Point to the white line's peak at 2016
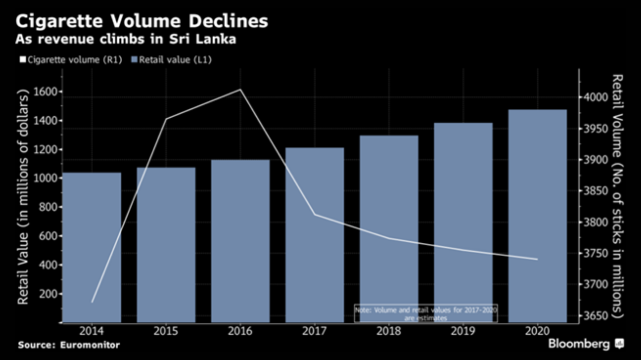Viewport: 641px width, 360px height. pos(240,90)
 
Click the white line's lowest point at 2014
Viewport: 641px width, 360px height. pos(92,301)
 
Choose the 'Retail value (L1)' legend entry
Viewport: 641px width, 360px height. pos(171,60)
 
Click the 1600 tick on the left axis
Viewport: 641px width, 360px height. pos(46,92)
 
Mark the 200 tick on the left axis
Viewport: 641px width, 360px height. pos(48,293)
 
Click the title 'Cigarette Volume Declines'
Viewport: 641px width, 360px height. pos(142,21)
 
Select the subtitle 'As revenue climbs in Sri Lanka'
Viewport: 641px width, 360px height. pos(126,39)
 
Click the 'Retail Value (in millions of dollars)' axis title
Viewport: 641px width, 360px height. pos(23,197)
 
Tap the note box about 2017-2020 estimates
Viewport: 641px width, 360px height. pos(426,314)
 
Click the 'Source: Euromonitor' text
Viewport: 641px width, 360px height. pos(69,344)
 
